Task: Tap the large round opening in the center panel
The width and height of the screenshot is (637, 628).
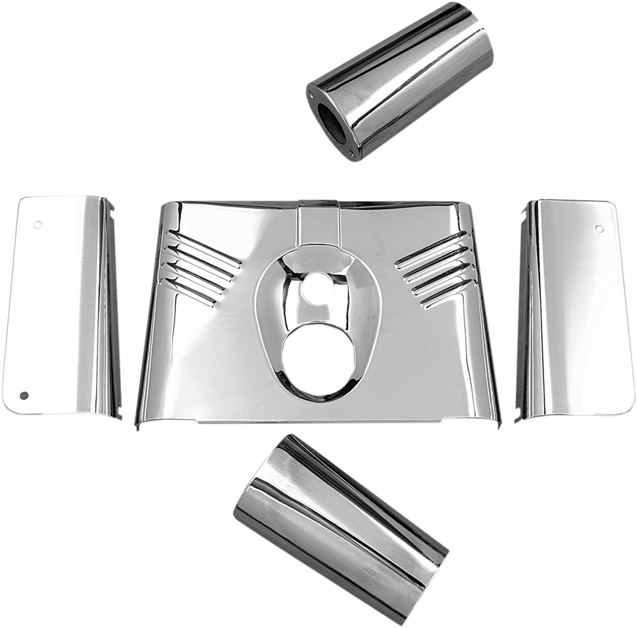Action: click(317, 352)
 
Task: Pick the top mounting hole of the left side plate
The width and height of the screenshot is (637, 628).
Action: click(38, 224)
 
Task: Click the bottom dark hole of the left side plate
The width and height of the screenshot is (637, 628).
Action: click(25, 396)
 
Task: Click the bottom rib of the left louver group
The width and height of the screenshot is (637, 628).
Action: click(192, 292)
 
